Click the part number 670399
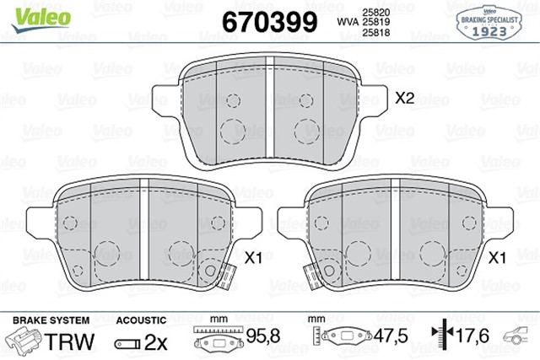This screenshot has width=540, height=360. (x=269, y=21)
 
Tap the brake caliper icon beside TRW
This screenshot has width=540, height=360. (x=25, y=340)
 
